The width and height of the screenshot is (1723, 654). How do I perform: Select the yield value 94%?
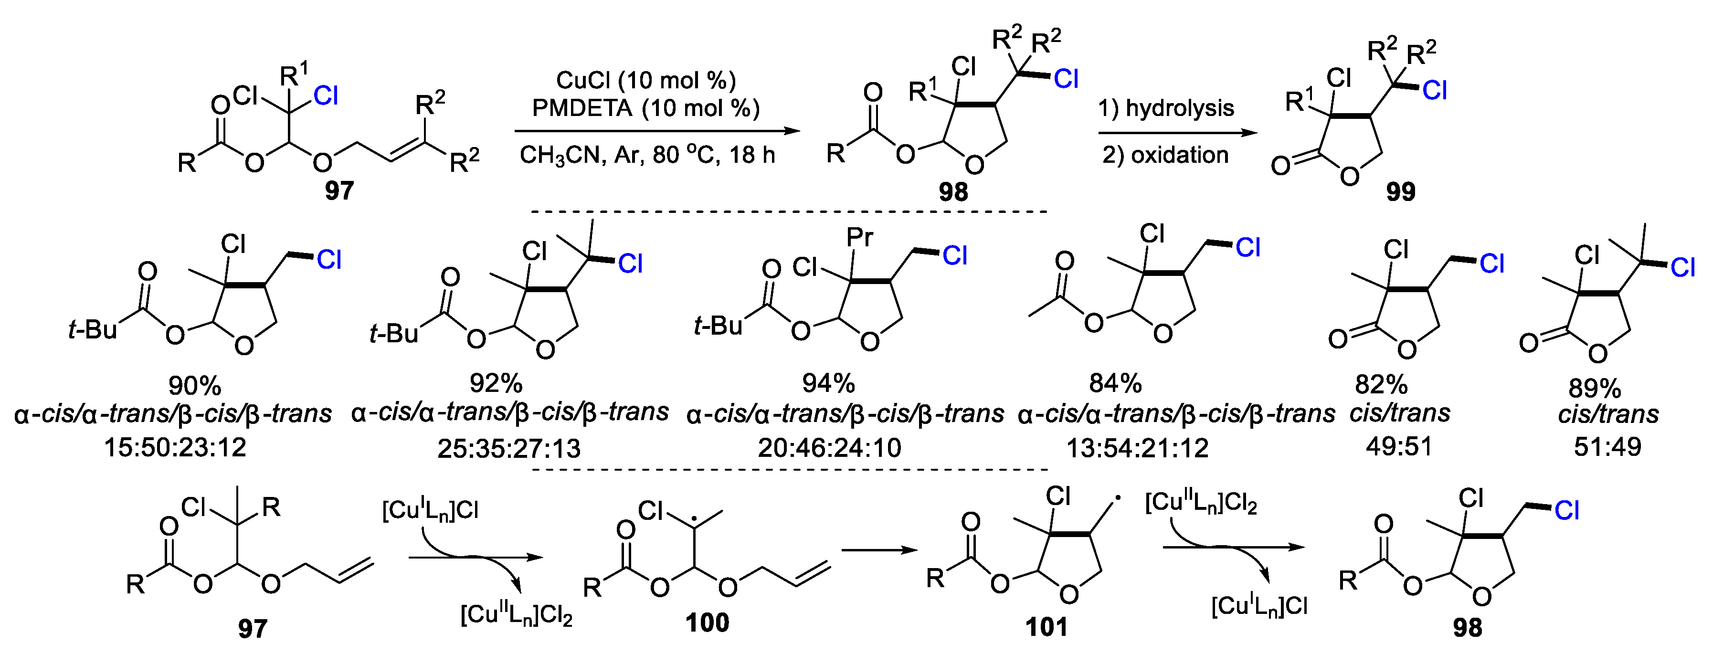point(828,383)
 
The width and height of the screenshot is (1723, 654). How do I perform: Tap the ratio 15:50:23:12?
point(175,447)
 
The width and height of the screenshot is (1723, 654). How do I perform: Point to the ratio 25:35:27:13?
point(509,448)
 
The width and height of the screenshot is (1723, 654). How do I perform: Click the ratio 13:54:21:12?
point(1137,447)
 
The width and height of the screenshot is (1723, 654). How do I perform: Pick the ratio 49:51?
point(1399,446)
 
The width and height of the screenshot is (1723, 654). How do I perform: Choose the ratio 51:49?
point(1607,446)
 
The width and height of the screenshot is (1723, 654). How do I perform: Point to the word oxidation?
point(1179,155)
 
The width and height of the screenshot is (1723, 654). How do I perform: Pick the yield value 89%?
point(1595,388)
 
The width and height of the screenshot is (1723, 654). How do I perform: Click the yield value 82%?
point(1381,384)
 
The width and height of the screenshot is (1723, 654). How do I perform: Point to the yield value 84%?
point(1115,383)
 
